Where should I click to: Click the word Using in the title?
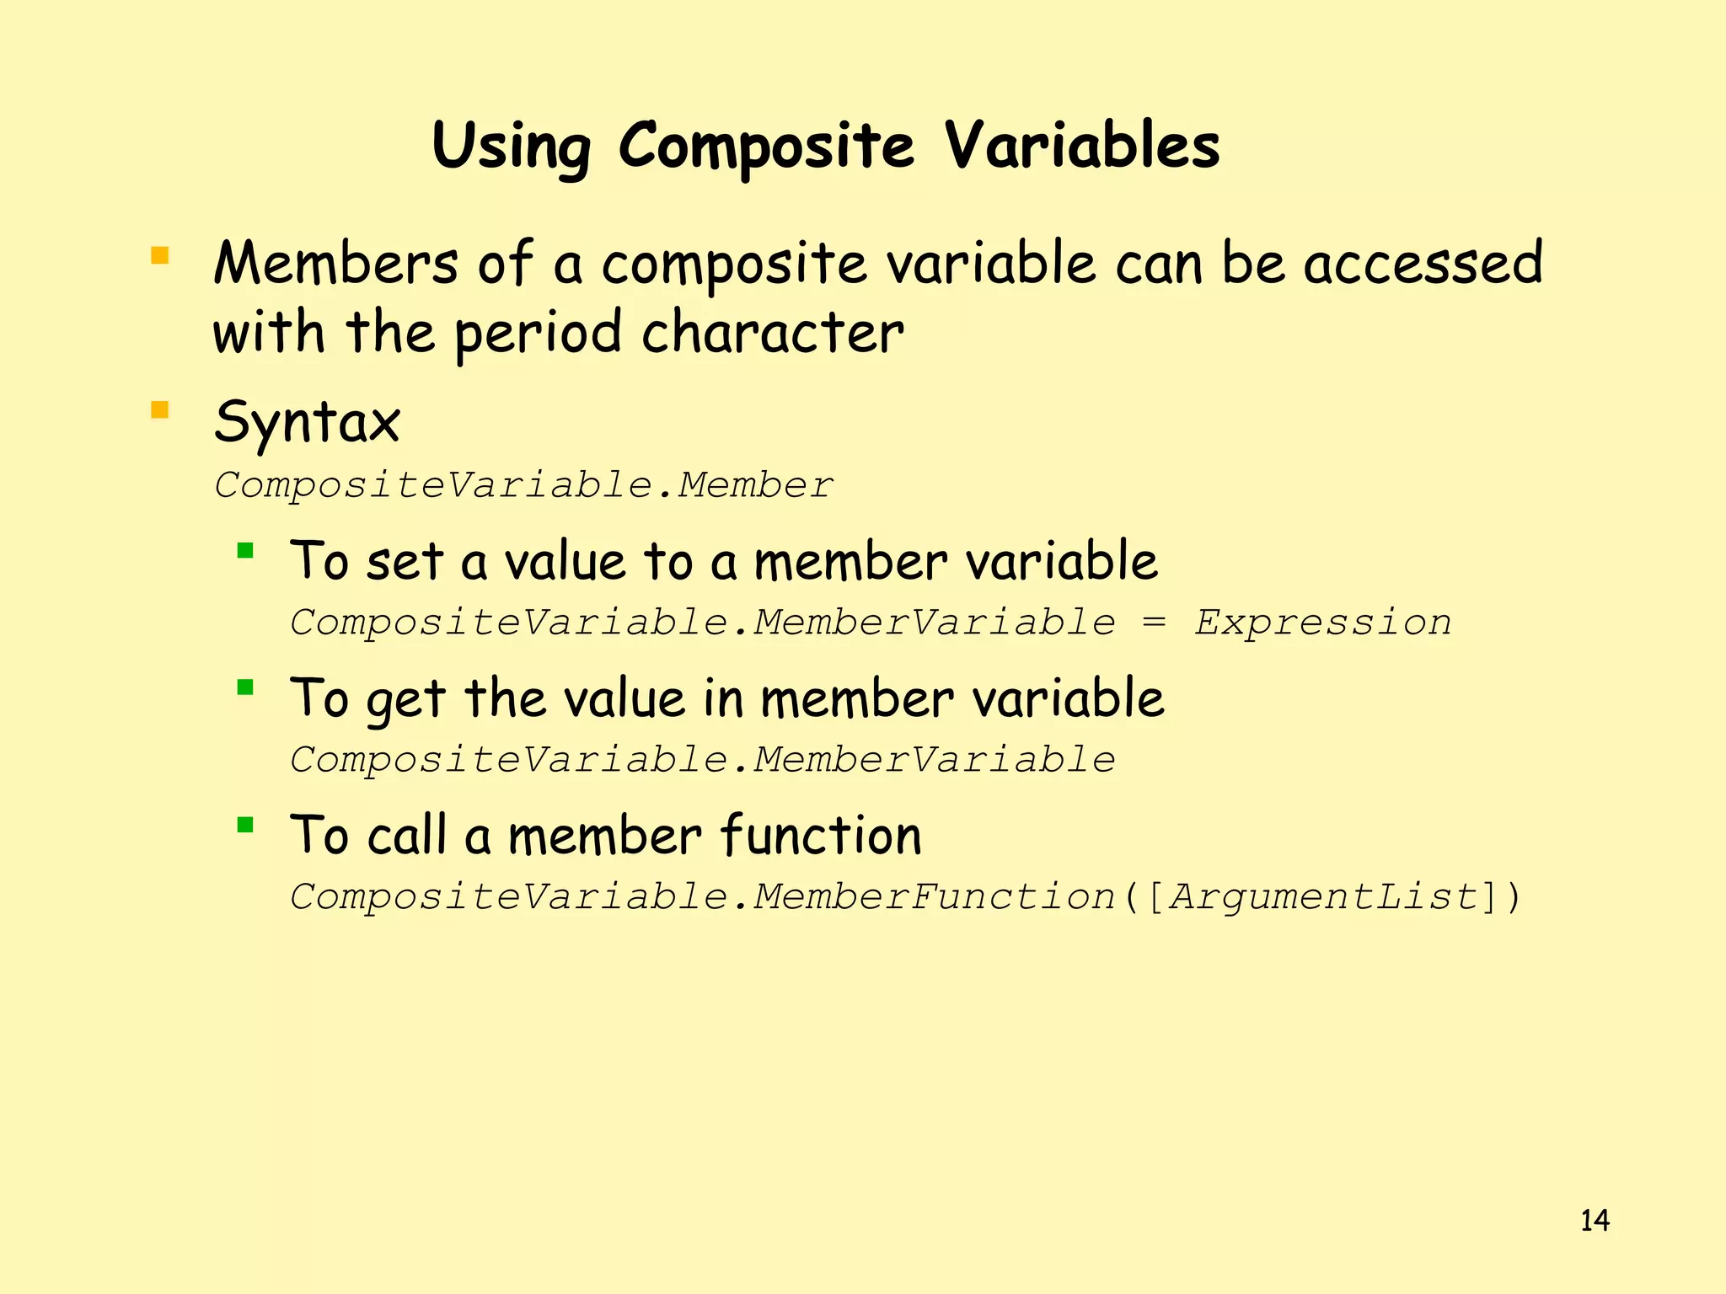pos(511,147)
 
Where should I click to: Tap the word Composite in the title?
pos(765,147)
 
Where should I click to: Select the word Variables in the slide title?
pos(1081,146)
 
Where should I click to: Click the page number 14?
pos(1594,1221)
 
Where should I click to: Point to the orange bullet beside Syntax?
pos(159,410)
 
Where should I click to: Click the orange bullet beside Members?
pos(159,255)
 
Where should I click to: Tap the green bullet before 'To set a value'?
pos(245,551)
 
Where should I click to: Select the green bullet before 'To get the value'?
pos(245,687)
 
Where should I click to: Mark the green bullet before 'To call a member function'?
pos(245,824)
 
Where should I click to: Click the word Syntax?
pos(307,423)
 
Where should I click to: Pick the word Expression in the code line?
pos(1322,623)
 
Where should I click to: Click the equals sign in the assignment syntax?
pos(1154,623)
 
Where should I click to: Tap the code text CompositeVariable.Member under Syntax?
pos(523,486)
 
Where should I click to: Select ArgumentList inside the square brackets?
pos(1324,897)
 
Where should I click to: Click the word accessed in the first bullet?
pos(1423,264)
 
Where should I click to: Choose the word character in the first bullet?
pos(772,332)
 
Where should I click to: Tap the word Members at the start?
pos(335,264)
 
